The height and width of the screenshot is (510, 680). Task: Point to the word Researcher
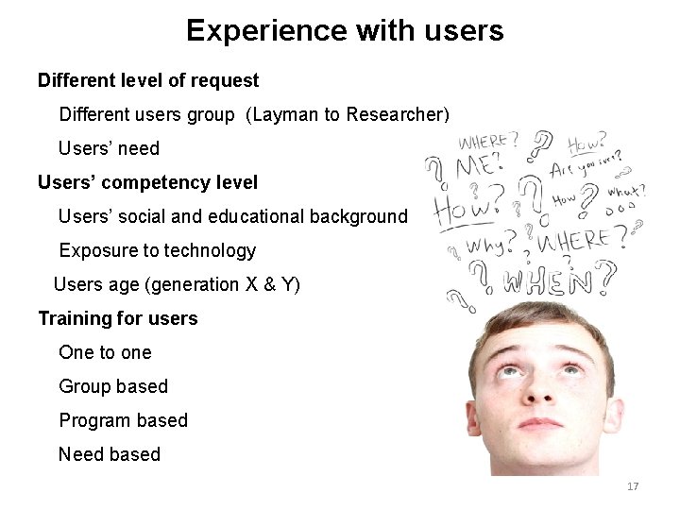(x=398, y=114)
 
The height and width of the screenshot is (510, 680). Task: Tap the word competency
(x=146, y=182)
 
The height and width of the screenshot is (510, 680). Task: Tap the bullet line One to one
(x=105, y=352)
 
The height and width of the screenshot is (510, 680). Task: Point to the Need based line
(x=110, y=454)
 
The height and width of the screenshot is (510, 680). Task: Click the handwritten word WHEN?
(x=552, y=280)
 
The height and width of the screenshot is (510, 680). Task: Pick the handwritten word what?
(x=624, y=190)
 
